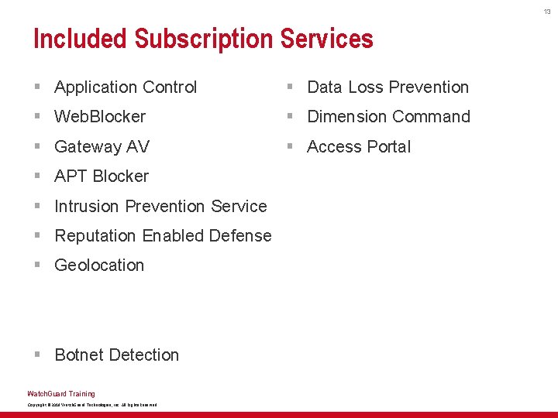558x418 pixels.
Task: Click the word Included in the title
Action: pos(81,39)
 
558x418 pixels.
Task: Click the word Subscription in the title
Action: pos(204,39)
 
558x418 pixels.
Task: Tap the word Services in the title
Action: pos(326,39)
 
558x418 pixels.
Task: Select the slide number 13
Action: pos(546,11)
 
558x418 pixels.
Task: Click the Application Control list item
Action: pos(126,87)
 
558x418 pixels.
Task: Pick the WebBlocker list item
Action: pos(100,117)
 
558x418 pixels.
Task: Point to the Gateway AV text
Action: pos(102,147)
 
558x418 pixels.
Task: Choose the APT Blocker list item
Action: pos(102,176)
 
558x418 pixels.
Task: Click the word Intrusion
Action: pos(87,207)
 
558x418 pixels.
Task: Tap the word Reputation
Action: pos(97,236)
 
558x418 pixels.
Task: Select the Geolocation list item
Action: pos(99,266)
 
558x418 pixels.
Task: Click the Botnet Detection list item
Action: pos(116,355)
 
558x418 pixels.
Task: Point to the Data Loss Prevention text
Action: pos(387,87)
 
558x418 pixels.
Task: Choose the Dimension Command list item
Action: pos(388,117)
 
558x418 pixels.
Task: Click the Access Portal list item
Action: pos(359,147)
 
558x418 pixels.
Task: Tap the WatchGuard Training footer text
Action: pos(61,393)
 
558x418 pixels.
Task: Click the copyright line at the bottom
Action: pos(92,405)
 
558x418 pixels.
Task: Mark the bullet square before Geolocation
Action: pos(37,266)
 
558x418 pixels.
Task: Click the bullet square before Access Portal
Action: pos(290,147)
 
